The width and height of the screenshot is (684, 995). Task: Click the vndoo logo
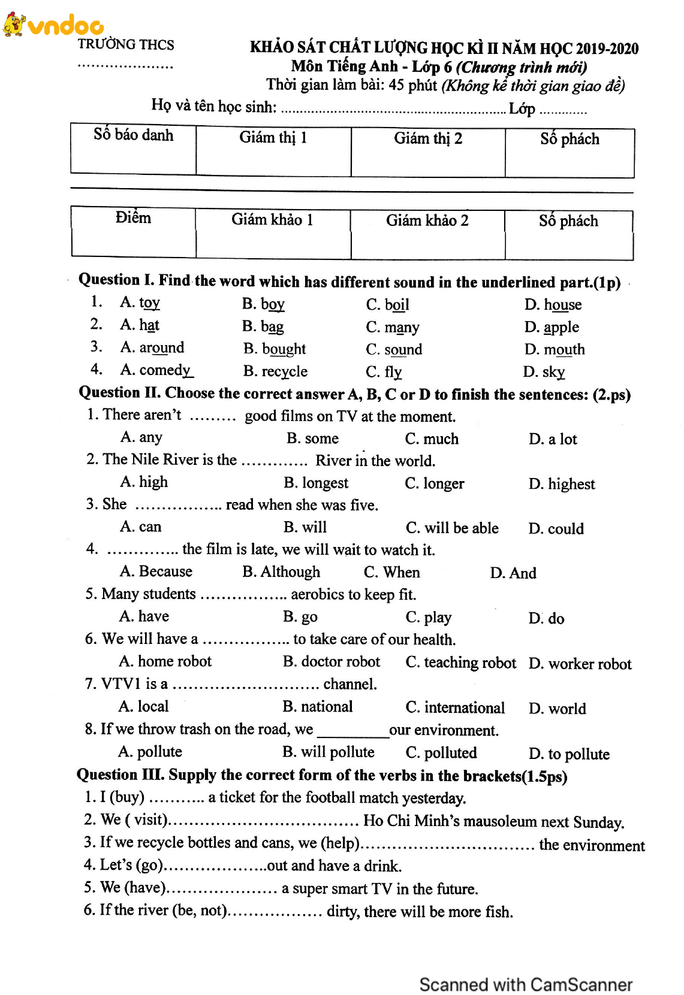coord(54,25)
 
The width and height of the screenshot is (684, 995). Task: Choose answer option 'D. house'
coord(553,305)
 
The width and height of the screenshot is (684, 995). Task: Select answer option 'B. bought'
coord(275,349)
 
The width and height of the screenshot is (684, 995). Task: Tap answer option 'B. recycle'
coord(275,371)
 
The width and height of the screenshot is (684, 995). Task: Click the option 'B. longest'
coord(316,483)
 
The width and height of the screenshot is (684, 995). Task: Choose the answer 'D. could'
coord(556,529)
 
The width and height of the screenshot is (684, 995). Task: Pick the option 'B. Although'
coord(281,572)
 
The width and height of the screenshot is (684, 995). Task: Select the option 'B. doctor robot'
coord(332,662)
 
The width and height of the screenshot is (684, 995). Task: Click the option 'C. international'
coord(455,707)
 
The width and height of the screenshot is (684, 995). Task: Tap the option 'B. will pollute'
coord(329,752)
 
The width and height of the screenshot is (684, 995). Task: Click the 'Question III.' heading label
coord(120,775)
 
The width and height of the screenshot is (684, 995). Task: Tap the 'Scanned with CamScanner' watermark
coord(526,984)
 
